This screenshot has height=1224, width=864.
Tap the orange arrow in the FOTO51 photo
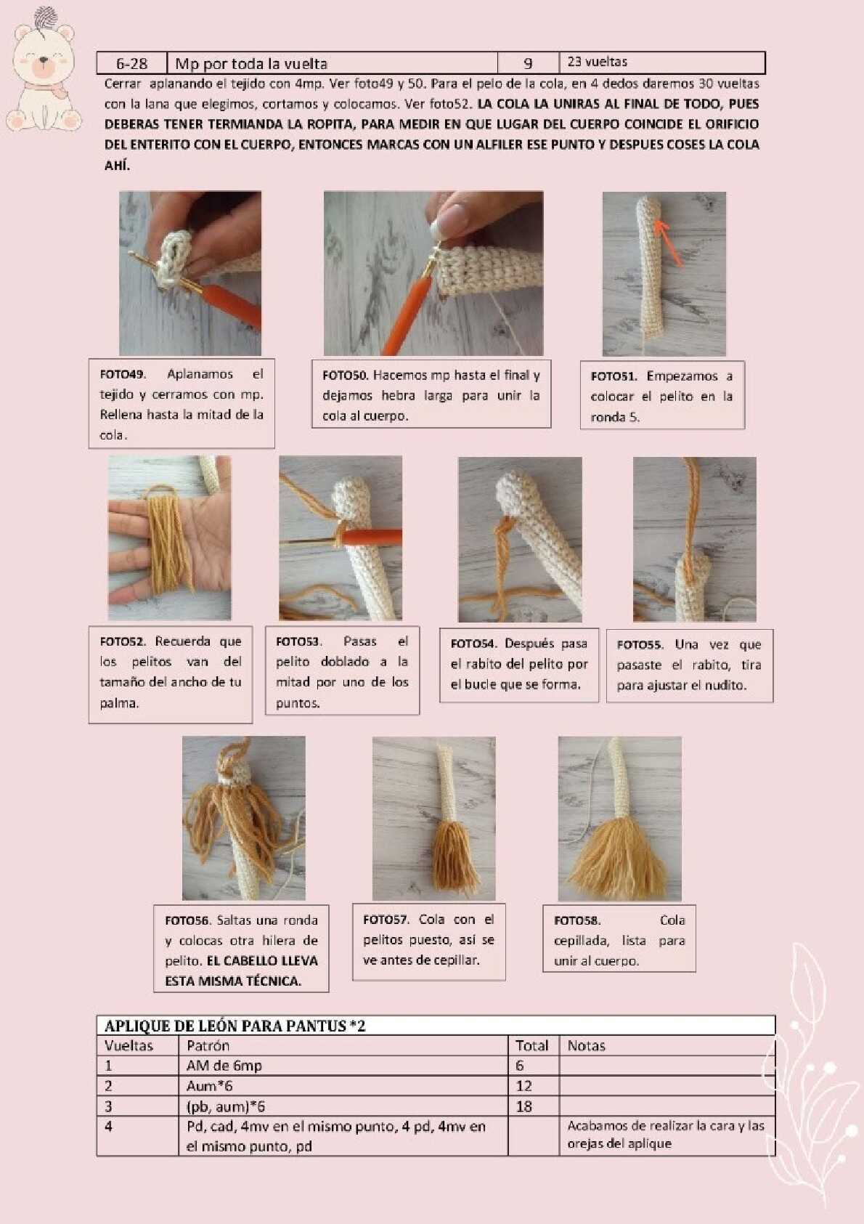pos(669,243)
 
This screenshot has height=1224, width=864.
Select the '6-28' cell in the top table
pos(131,63)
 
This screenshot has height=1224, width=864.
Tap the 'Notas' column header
pos(586,1046)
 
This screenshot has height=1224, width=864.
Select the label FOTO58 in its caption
pos(576,920)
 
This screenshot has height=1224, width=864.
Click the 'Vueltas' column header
pos(129,1046)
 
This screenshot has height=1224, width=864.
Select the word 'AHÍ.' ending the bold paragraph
pos(117,166)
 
